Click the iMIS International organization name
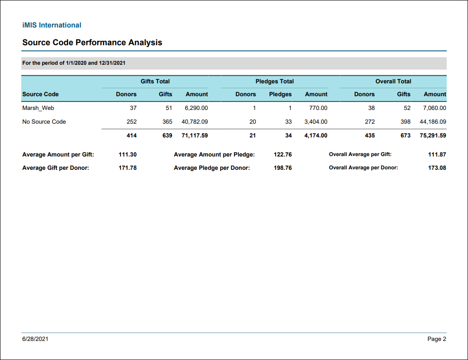[52, 25]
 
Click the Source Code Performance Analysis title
[92, 43]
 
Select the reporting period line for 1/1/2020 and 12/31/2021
[74, 63]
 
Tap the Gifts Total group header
[155, 81]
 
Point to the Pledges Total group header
[275, 81]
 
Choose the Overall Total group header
[394, 81]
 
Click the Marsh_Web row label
[38, 108]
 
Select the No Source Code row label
[44, 122]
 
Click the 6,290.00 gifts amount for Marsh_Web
[196, 108]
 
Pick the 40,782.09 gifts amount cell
[195, 122]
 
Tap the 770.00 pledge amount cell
[318, 108]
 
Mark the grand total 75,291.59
[433, 136]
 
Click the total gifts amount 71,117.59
[195, 136]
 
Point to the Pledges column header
[280, 94]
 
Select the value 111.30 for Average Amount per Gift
[128, 155]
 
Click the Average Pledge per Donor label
[212, 168]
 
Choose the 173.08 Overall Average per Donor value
[437, 168]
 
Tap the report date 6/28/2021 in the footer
[35, 339]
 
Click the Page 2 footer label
[437, 339]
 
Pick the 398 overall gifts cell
[406, 122]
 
